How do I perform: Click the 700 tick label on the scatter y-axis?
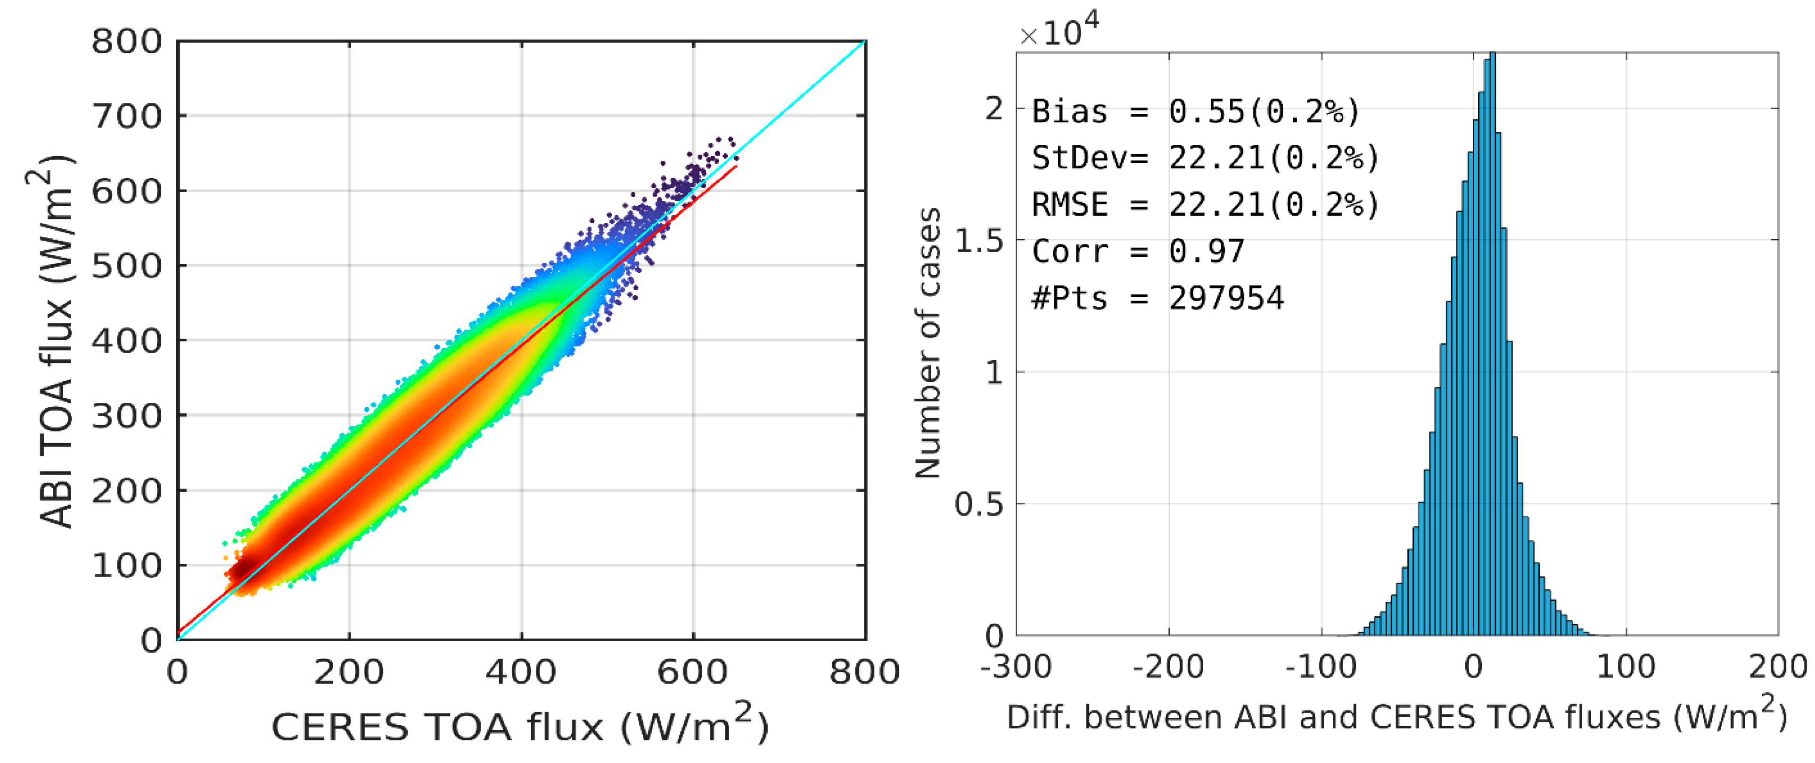pyautogui.click(x=127, y=117)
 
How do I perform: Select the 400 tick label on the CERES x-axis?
pyautogui.click(x=521, y=672)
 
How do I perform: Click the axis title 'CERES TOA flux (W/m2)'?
pyautogui.click(x=520, y=726)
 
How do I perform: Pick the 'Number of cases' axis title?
pyautogui.click(x=927, y=344)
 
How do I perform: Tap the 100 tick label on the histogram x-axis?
pyautogui.click(x=1626, y=666)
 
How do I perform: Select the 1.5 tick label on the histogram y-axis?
pyautogui.click(x=979, y=241)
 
